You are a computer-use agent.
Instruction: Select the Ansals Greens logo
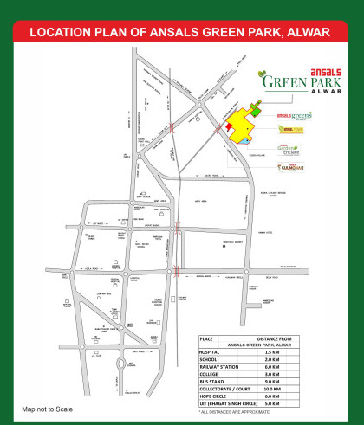[x=294, y=115]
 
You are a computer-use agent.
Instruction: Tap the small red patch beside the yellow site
[x=229, y=126]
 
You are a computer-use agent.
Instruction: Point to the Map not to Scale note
[x=48, y=408]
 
